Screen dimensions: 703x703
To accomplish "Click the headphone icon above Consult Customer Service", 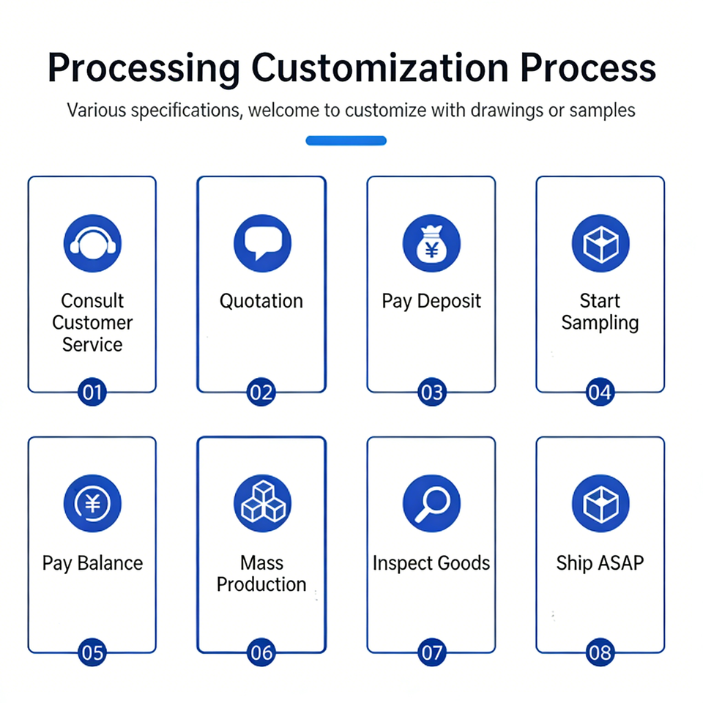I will tap(92, 243).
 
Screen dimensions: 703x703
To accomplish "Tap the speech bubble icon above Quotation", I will tap(261, 243).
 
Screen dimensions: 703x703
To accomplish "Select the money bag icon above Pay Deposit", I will tap(431, 243).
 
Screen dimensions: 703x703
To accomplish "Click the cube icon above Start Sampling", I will tap(600, 243).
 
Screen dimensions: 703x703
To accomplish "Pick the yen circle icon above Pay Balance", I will tap(92, 503).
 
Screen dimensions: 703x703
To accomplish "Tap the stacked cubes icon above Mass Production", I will tap(261, 503).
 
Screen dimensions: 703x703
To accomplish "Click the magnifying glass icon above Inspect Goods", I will tap(431, 503).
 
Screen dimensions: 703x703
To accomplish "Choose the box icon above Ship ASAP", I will tap(600, 503).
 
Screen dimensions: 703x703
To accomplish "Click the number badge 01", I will tap(92, 393).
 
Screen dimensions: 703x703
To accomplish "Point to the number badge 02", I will tap(261, 393).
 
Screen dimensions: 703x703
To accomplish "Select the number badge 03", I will tap(431, 393).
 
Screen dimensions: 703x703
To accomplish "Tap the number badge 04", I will tap(600, 393).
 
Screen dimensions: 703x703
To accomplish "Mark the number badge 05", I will tap(92, 652).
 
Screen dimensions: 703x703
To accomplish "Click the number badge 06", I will tap(261, 652).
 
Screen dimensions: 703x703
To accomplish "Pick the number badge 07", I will tap(431, 652).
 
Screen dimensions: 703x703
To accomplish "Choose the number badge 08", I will tap(600, 652).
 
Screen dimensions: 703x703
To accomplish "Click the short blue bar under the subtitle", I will tap(346, 141).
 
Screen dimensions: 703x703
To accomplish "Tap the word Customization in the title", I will tap(380, 69).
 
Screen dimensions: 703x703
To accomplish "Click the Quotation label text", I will tap(261, 301).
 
